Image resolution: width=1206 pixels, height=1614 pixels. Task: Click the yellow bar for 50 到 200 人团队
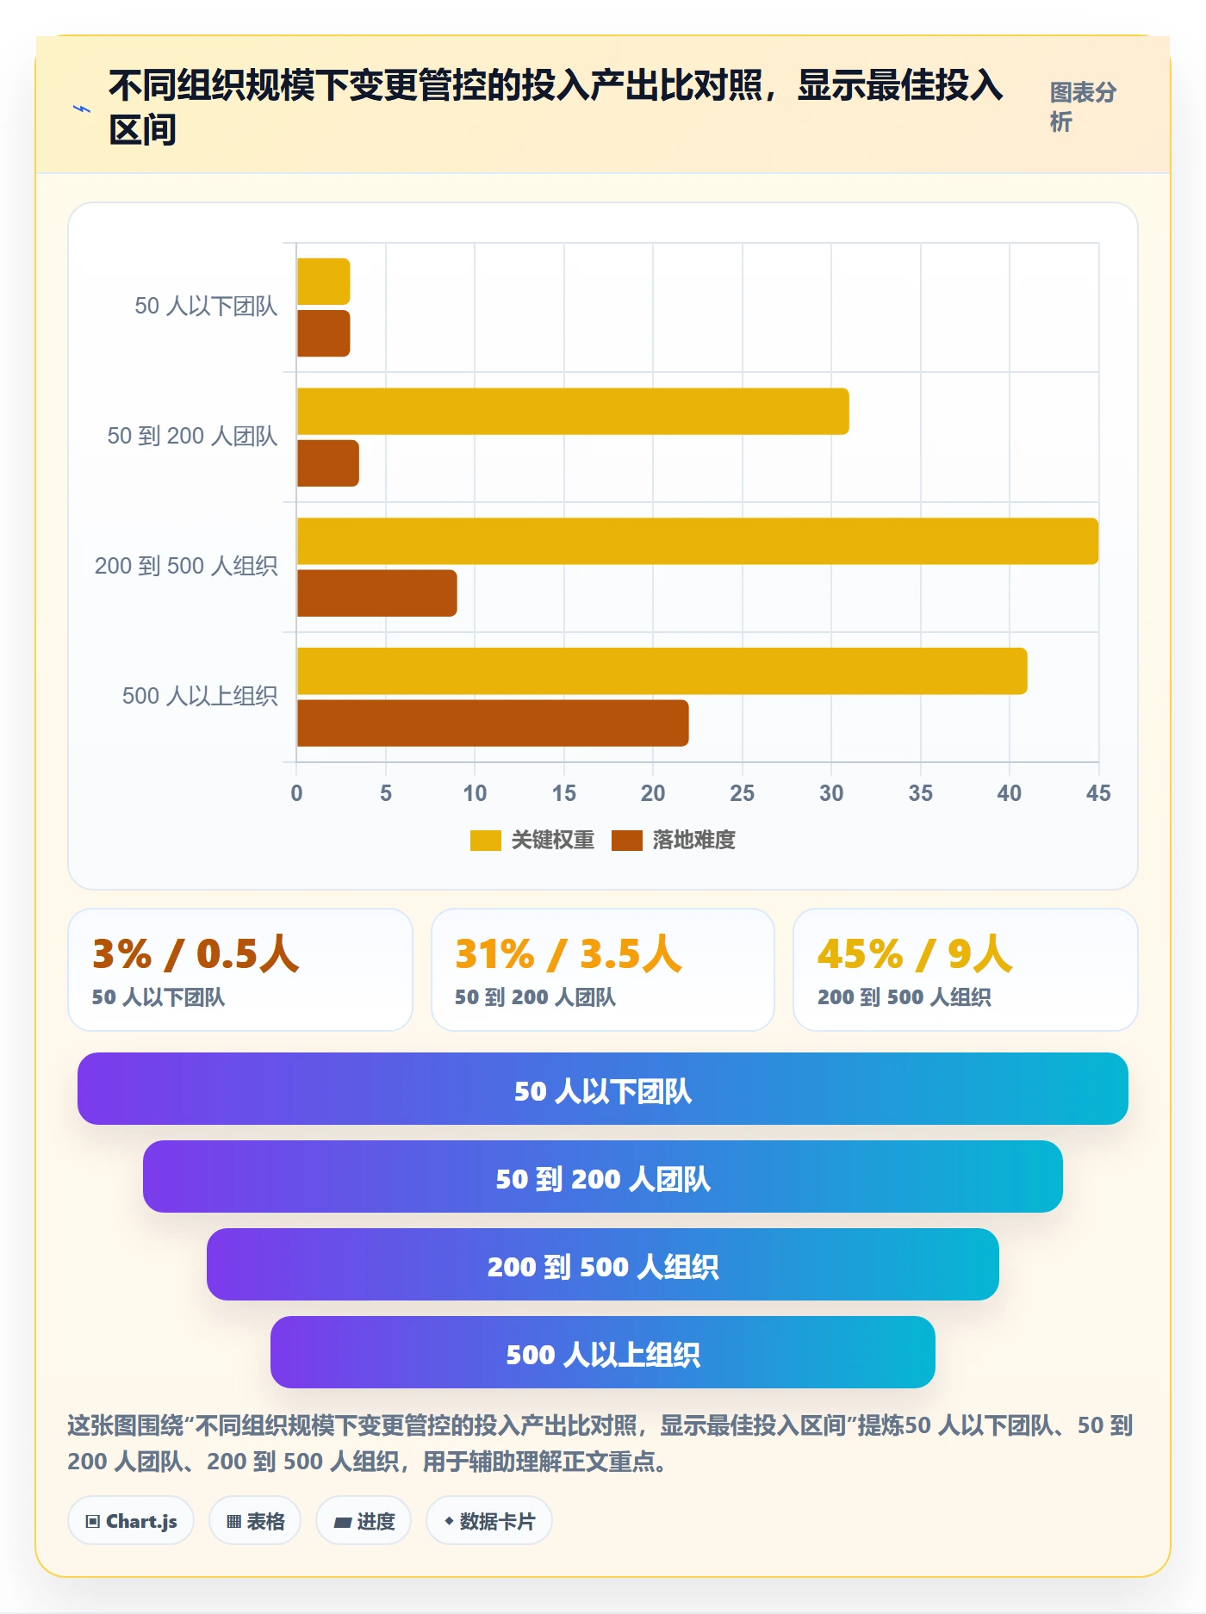[x=573, y=411]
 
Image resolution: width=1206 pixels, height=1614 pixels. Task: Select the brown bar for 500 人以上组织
[x=493, y=723]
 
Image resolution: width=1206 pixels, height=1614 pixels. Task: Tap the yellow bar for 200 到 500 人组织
[x=698, y=541]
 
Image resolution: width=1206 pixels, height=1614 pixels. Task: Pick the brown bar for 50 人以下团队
[x=324, y=333]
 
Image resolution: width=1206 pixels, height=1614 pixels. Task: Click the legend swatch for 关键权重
[x=485, y=840]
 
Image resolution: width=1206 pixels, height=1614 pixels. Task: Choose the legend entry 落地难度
[x=674, y=840]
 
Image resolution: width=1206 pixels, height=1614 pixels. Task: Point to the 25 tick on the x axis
[x=742, y=793]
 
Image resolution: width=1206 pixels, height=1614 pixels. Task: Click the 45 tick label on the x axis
[x=1098, y=793]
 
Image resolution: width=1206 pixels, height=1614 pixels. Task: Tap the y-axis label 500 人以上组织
[x=200, y=696]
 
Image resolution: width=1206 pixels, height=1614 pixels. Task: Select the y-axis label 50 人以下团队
[x=206, y=306]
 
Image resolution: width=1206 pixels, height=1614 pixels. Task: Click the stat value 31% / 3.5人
[x=569, y=954]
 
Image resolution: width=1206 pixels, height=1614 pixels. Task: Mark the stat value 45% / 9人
[x=915, y=954]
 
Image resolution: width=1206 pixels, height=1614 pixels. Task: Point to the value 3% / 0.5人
[x=196, y=954]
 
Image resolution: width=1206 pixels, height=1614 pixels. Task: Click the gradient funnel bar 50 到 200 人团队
[x=603, y=1176]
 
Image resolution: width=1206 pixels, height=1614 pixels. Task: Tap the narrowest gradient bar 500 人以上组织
[x=603, y=1352]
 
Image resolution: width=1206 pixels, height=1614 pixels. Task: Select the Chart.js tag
[x=131, y=1521]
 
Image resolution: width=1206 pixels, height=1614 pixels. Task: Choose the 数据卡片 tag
[x=489, y=1521]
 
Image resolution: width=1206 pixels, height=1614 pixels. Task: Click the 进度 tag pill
[x=364, y=1521]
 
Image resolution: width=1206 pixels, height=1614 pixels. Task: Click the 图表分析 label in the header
[x=1083, y=107]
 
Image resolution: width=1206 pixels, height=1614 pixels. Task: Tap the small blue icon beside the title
[x=82, y=109]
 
